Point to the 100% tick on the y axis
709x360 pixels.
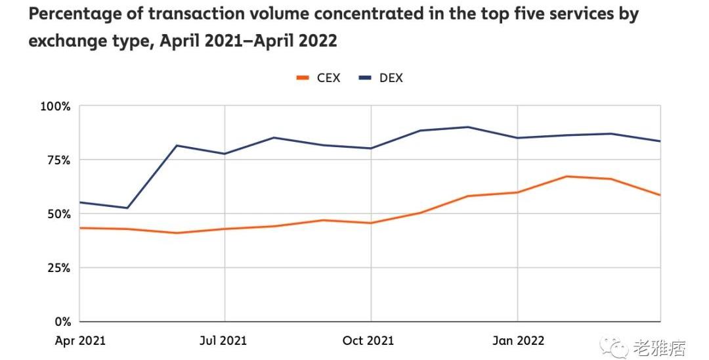pyautogui.click(x=56, y=106)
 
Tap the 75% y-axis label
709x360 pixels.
pyautogui.click(x=58, y=160)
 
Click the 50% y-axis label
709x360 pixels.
pyautogui.click(x=58, y=214)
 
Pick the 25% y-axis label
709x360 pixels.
pyautogui.click(x=58, y=267)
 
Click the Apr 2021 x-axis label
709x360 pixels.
pyautogui.click(x=80, y=340)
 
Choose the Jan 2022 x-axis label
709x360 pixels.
pyautogui.click(x=517, y=340)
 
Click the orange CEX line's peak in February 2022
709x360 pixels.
pyautogui.click(x=566, y=176)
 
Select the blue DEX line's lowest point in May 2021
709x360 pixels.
pyautogui.click(x=127, y=208)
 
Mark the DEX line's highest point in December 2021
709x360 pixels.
pyautogui.click(x=468, y=127)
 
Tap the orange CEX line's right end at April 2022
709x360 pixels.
pyautogui.click(x=660, y=195)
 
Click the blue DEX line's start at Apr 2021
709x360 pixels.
pyautogui.click(x=80, y=202)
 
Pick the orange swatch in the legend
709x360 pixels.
pyautogui.click(x=303, y=78)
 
